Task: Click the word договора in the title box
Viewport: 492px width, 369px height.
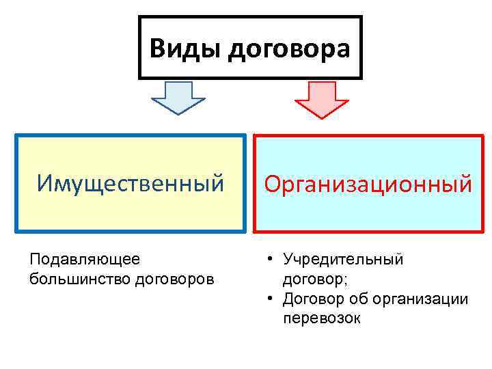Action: pos(288,49)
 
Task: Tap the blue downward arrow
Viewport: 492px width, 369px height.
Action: pos(178,98)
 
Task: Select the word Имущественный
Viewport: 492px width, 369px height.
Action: pos(131,183)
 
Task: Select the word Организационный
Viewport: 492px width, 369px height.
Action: pos(368,183)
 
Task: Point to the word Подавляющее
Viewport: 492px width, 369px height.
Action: pos(85,260)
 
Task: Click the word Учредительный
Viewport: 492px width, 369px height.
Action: pos(344,260)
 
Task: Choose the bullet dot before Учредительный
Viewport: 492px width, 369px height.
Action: pos(271,260)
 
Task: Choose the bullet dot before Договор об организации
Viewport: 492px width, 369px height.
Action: pos(271,299)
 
